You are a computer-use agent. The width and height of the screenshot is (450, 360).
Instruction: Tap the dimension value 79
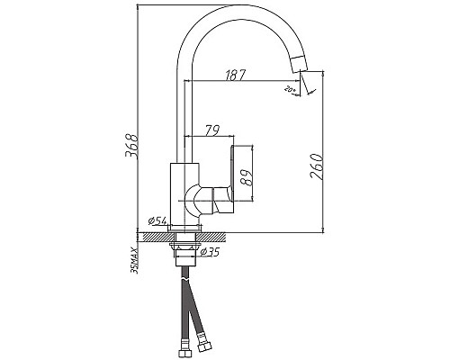(x=212, y=129)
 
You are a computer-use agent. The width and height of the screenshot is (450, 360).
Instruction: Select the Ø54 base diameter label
(x=155, y=220)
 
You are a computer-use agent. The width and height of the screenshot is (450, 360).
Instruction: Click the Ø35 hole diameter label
(x=211, y=251)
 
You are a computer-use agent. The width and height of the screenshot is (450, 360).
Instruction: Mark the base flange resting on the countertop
(x=184, y=227)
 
